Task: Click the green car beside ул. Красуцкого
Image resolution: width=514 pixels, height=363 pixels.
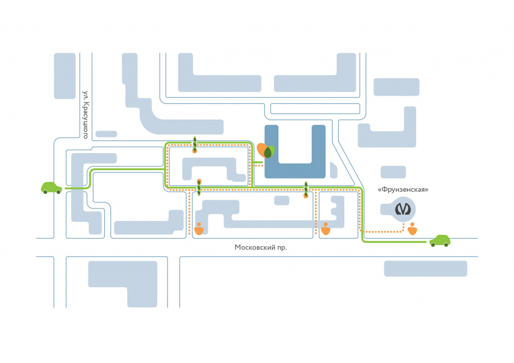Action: point(51,188)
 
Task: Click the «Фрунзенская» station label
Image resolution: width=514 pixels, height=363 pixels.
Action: point(403,190)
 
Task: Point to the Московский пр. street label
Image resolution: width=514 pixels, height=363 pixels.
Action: point(261,248)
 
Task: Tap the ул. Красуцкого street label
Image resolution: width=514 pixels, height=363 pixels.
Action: point(86,114)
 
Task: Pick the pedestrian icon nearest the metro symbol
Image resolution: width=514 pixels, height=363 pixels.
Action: point(413,229)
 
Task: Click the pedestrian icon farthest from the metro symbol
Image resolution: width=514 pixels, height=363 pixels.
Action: point(199,229)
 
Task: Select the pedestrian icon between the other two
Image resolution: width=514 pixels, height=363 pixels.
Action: point(326,229)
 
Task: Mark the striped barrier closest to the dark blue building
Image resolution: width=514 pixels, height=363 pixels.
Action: point(305,190)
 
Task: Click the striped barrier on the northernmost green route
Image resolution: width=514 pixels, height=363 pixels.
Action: point(194,144)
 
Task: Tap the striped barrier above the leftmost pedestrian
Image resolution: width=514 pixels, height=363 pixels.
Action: point(199,187)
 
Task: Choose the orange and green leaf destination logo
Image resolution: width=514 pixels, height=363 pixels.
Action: point(266,152)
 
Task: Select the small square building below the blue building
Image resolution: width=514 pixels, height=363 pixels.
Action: point(282,200)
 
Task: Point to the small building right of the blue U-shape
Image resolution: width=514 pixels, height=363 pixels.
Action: point(333,169)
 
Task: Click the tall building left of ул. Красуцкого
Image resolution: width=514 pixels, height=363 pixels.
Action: point(65,76)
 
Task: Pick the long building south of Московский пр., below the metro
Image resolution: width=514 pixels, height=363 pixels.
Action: point(425,269)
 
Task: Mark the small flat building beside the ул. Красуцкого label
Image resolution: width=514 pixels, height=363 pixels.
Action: point(106,134)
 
